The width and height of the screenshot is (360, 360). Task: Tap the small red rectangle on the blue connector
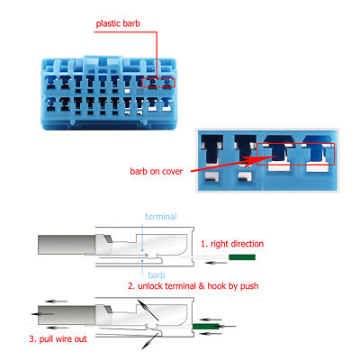158,82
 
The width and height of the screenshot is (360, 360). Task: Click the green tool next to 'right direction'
242,257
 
